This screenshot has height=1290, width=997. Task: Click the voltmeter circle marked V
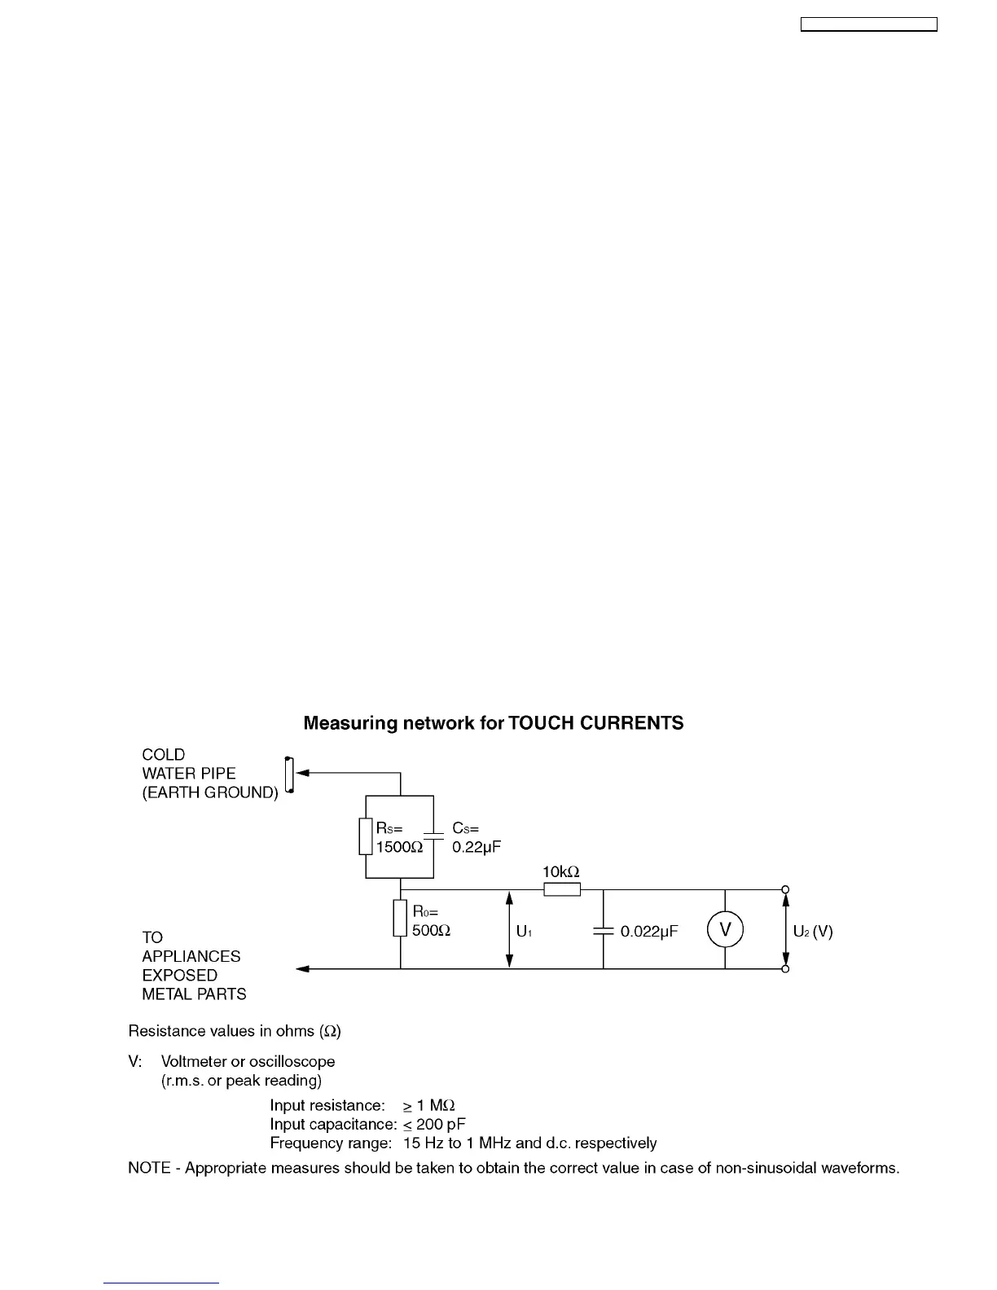click(x=725, y=930)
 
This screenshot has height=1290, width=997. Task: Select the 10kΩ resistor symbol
click(x=562, y=889)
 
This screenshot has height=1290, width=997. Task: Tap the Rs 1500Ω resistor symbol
click(x=366, y=836)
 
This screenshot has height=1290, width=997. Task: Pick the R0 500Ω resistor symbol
click(x=400, y=919)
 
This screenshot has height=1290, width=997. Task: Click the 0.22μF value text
click(x=477, y=847)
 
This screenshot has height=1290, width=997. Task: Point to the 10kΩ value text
click(x=561, y=871)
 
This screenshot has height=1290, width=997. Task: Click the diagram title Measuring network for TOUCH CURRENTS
click(x=494, y=723)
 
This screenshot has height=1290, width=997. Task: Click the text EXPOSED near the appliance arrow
click(x=180, y=975)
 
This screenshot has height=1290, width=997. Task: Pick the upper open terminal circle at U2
click(x=785, y=890)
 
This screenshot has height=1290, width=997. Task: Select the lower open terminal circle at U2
click(x=785, y=969)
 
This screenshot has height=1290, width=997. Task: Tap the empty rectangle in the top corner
click(x=869, y=25)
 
